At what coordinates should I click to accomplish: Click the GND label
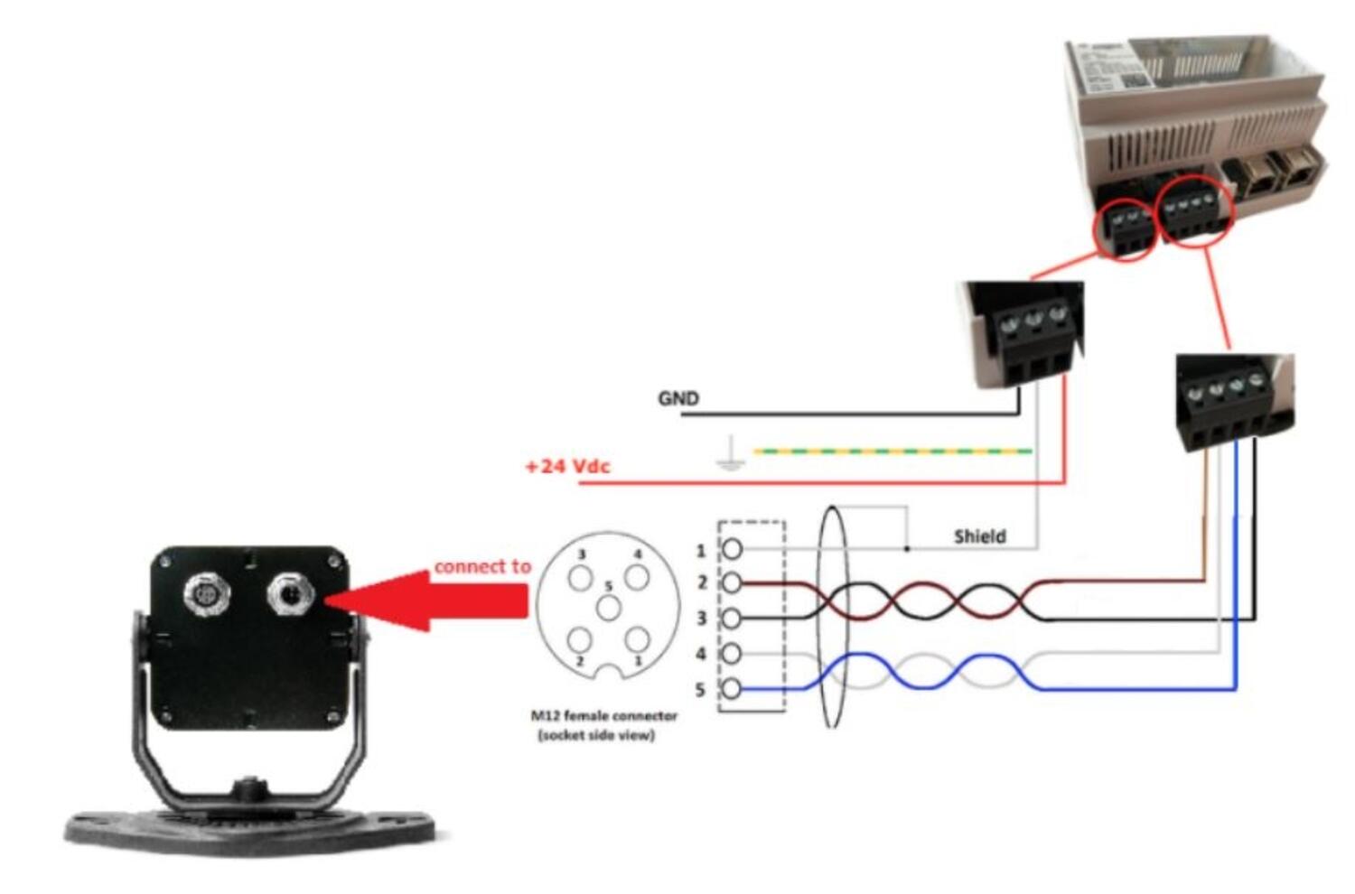[677, 398]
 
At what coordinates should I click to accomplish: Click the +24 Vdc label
[567, 466]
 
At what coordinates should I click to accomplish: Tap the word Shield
[979, 536]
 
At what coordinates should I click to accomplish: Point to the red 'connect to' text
[482, 566]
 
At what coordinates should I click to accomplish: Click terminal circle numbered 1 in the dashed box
[732, 548]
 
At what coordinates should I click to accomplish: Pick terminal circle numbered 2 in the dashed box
[732, 583]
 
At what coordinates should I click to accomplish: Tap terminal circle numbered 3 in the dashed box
[732, 619]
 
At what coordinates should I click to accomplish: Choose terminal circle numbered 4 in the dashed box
[732, 653]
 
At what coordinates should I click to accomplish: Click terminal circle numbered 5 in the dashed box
[732, 689]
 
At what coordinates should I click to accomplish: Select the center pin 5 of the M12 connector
[608, 607]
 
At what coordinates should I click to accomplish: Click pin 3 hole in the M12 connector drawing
[580, 577]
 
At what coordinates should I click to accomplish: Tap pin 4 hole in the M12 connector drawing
[637, 577]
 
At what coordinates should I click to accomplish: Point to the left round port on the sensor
[205, 594]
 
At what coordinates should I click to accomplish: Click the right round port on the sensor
[290, 594]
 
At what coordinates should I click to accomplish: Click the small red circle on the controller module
[1124, 229]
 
